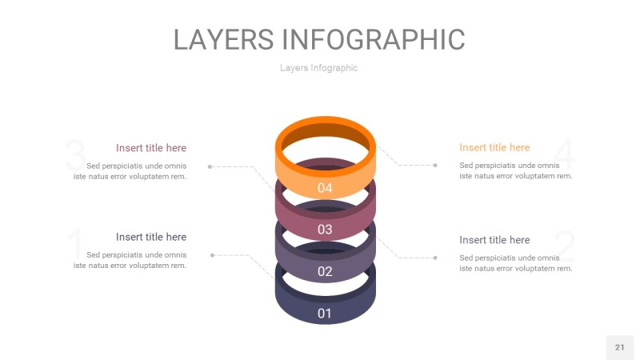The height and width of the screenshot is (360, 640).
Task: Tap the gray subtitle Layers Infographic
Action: pos(318,68)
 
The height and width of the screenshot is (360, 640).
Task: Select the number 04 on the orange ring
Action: pos(325,189)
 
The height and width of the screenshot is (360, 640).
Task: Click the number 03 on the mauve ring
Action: pos(325,230)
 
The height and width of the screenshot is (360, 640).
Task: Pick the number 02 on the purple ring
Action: pos(325,271)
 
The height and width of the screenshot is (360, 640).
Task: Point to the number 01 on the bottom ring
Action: pos(325,313)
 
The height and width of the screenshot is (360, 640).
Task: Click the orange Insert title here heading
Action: pos(494,147)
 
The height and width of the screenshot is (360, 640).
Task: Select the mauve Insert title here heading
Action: pos(151,148)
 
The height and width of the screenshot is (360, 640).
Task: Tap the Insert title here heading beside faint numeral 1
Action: pos(151,237)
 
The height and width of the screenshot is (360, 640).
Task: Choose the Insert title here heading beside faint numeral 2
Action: pos(494,240)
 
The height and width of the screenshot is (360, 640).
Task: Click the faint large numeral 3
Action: pos(75,154)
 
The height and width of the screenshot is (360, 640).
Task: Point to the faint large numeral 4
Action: pos(564,154)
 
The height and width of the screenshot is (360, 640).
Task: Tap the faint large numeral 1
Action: pos(75,244)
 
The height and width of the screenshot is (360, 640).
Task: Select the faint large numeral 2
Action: pos(565,246)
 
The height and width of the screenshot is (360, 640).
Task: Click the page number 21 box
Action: pos(619,347)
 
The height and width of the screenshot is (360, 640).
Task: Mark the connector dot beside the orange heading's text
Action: pos(435,166)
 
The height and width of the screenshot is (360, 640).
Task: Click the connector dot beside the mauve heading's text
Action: pos(210,166)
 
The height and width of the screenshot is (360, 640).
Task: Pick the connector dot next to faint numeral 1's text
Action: pos(212,255)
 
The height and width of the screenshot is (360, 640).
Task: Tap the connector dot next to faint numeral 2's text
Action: pos(435,258)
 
